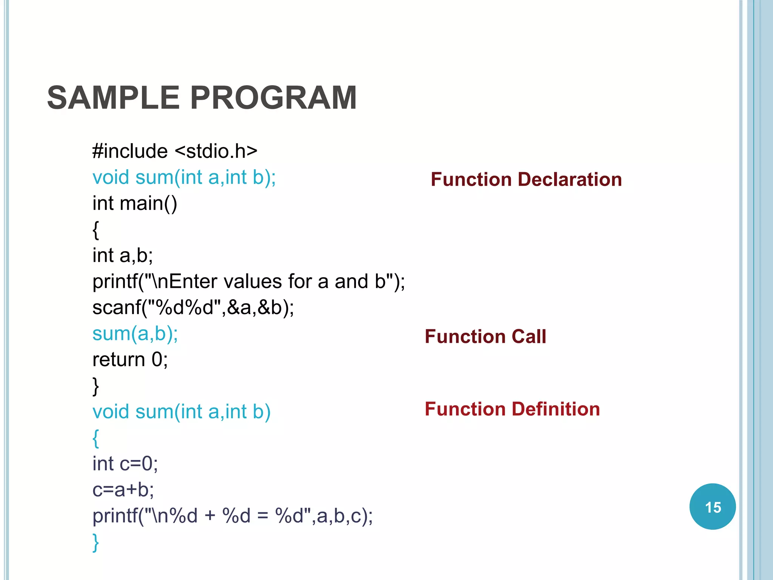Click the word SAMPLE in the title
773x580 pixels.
click(113, 98)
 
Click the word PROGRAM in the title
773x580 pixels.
click(273, 98)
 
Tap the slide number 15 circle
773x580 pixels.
click(712, 507)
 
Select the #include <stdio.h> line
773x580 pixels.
click(175, 151)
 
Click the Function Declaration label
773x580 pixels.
click(526, 179)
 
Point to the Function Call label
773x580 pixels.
click(485, 336)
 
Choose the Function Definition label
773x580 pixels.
click(512, 409)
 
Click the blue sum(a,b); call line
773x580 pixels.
click(135, 334)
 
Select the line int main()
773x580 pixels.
click(135, 204)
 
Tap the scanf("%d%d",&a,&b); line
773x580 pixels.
click(193, 307)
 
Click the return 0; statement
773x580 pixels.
click(130, 359)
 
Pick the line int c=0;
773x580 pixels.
click(125, 464)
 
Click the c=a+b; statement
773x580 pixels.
click(123, 490)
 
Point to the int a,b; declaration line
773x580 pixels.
click(123, 256)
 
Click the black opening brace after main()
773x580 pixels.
click(96, 230)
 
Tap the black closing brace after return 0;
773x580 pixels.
click(96, 386)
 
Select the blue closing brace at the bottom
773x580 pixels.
click(96, 542)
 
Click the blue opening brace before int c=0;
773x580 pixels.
click(96, 438)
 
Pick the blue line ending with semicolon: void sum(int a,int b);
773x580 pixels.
click(184, 177)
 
